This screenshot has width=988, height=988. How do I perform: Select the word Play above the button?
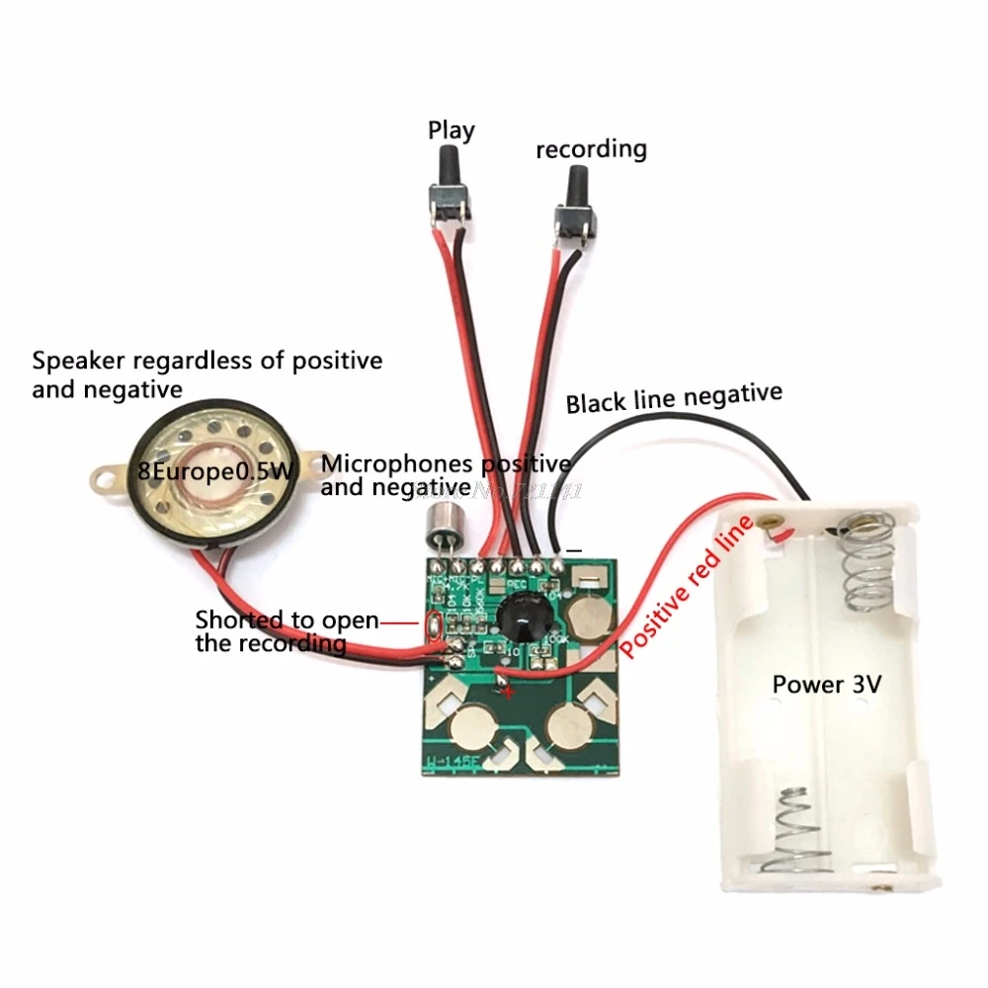click(x=451, y=129)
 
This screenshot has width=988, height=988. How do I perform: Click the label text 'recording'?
click(x=591, y=149)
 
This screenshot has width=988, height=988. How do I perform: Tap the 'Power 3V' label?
click(x=826, y=684)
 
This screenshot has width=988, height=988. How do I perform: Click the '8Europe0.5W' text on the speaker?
click(x=215, y=472)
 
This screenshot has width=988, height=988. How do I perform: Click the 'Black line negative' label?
click(x=673, y=398)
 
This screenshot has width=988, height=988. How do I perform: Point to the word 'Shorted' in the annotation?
click(x=236, y=620)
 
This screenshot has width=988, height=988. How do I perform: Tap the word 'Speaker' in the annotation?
click(x=72, y=361)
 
